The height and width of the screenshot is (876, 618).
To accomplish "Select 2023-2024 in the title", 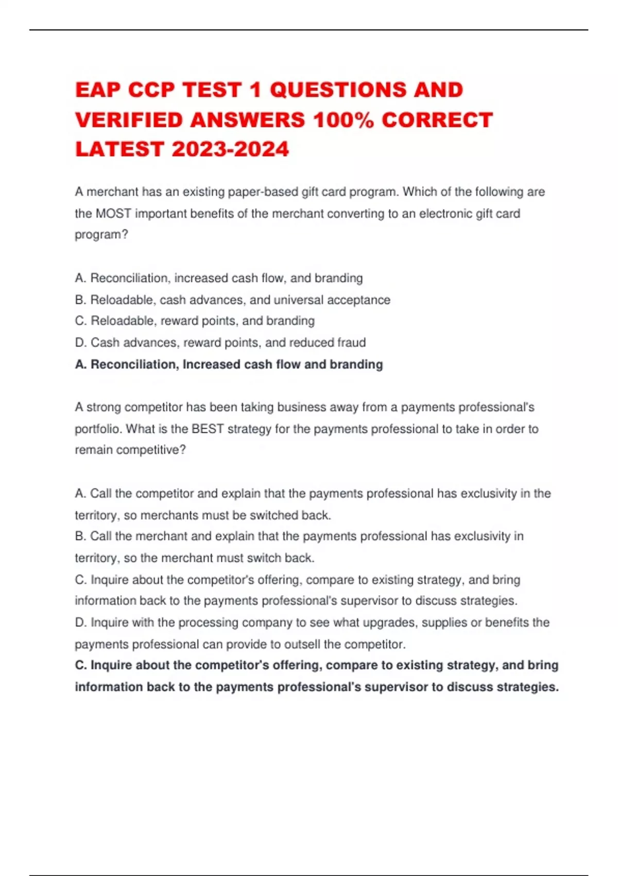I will coord(230,149).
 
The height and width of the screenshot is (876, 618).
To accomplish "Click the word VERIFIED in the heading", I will coord(129,120).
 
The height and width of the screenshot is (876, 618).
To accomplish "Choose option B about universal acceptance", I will coord(232,300).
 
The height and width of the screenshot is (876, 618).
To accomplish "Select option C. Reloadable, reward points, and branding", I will coord(195,321).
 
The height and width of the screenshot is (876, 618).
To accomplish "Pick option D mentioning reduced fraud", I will coord(220,343).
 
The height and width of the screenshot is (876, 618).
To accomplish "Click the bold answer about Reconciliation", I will coord(229,364).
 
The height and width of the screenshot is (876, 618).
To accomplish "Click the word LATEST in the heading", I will coord(119,149).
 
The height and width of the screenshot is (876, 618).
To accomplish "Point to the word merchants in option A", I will coord(169,515).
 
